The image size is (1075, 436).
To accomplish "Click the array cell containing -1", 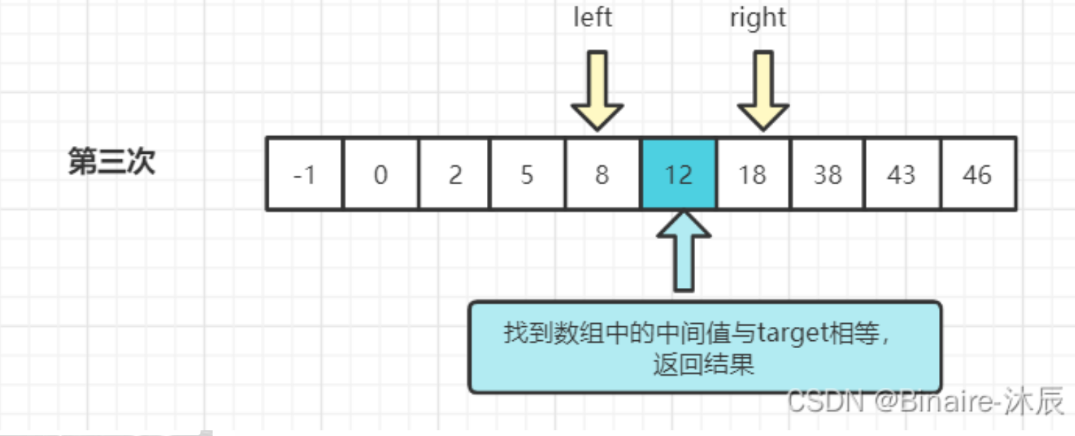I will (305, 174).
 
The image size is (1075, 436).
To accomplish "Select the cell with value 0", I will (381, 174).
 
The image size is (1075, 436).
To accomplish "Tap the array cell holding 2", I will (455, 174).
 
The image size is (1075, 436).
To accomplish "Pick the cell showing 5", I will (527, 174).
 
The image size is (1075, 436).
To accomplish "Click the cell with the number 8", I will (602, 174).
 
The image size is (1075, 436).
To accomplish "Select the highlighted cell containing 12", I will (679, 174).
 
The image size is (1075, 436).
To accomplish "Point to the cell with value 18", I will (753, 174).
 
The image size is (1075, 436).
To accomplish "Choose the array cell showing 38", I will (828, 174).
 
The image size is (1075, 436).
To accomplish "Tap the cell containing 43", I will (902, 174).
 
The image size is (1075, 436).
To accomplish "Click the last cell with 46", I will (978, 174).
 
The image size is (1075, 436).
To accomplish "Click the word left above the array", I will (592, 18).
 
